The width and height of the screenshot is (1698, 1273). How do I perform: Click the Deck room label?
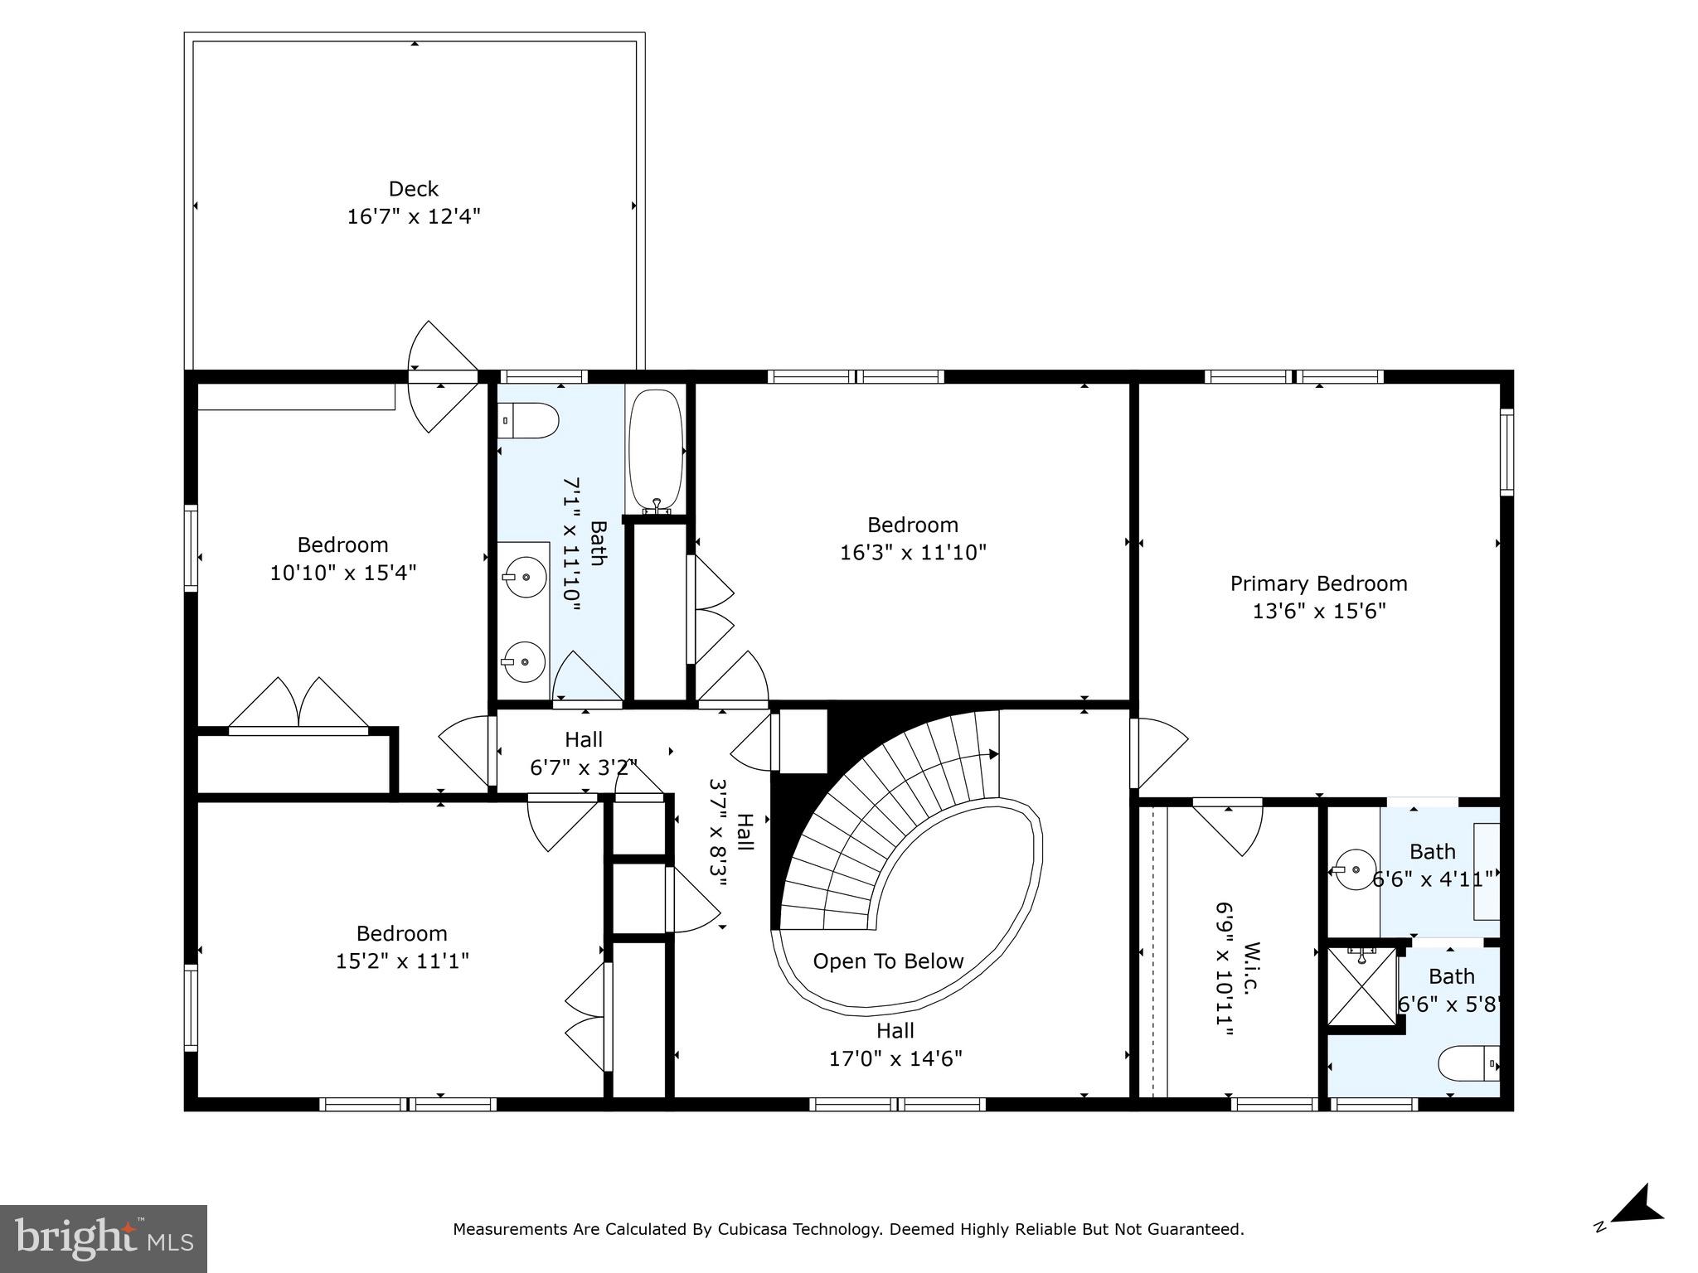[x=413, y=189]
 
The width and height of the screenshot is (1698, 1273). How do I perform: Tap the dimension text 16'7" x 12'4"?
[x=413, y=216]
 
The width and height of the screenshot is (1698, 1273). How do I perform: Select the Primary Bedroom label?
[x=1318, y=583]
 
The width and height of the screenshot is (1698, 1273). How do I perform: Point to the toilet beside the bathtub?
[x=528, y=421]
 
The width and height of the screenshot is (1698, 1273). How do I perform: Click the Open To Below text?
[x=888, y=961]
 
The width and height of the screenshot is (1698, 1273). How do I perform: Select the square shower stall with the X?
[x=1362, y=986]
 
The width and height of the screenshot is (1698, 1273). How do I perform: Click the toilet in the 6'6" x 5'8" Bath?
[x=1468, y=1063]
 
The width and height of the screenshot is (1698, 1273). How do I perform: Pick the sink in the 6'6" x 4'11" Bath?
[x=1354, y=870]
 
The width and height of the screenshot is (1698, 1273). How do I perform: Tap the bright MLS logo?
[x=104, y=1239]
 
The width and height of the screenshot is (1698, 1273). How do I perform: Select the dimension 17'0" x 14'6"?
[x=895, y=1058]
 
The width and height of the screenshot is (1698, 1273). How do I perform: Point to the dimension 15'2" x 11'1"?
[x=402, y=961]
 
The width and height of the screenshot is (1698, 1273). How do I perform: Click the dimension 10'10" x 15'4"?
[x=342, y=573]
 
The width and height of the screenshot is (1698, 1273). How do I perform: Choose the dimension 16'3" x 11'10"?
[x=913, y=552]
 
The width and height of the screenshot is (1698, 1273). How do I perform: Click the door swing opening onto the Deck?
[x=442, y=376]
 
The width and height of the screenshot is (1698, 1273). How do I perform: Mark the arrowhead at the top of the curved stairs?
[x=993, y=754]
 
